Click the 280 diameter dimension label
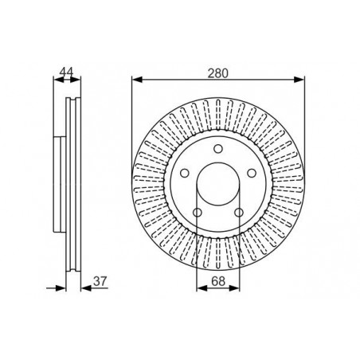coord(217,73)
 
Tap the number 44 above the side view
coord(66,72)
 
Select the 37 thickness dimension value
coord(100,281)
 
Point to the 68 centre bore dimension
coord(218,281)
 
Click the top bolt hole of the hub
coord(218,149)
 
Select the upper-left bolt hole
coord(185,174)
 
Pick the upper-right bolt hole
coord(252,174)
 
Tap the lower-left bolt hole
coord(198,213)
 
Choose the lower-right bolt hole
coord(239,213)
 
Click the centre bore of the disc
coord(218,184)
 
